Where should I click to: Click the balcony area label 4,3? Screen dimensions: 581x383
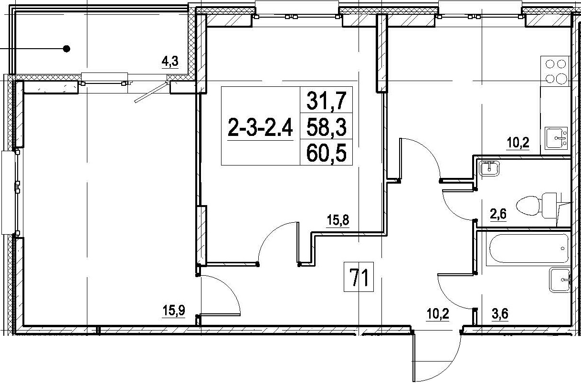[170, 62]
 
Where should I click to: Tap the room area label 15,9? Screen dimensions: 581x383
[173, 310]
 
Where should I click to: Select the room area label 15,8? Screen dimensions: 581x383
[338, 220]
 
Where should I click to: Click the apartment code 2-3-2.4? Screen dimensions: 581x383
[260, 127]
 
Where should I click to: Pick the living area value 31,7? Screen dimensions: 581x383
[326, 101]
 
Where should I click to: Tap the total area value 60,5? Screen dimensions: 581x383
[326, 153]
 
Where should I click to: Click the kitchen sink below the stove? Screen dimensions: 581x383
[556, 138]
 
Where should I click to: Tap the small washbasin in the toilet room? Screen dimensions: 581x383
[490, 168]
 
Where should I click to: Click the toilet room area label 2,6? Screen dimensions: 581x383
[498, 214]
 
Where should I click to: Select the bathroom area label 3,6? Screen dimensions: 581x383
[500, 314]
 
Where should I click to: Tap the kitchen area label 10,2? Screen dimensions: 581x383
[518, 143]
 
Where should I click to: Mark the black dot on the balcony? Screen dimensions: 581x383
[67, 49]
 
